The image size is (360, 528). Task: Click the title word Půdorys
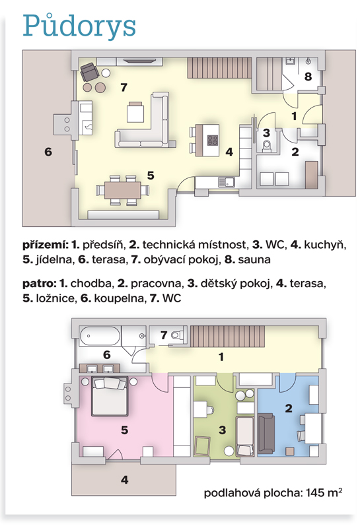[79, 26]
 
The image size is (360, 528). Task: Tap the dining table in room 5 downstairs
[123, 190]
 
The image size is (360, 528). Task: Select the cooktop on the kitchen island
[212, 140]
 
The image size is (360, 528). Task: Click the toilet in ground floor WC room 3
[267, 147]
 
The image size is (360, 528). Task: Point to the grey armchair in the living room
[89, 72]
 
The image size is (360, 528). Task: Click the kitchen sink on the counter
[227, 182]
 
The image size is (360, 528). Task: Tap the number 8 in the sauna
[308, 77]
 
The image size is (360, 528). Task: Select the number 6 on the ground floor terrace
[48, 152]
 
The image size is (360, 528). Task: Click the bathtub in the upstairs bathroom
[100, 336]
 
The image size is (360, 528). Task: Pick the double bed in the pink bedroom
[110, 397]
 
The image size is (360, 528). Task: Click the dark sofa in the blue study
[266, 434]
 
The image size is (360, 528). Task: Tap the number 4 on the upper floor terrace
[124, 480]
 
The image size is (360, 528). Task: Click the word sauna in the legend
[254, 259]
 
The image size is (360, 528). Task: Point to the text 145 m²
[324, 493]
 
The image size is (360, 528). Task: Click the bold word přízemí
[46, 245]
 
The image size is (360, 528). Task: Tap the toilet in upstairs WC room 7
[177, 335]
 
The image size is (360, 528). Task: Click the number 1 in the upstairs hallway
[221, 357]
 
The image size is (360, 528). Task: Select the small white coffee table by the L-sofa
[135, 112]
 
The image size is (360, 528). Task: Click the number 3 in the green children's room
[222, 430]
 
